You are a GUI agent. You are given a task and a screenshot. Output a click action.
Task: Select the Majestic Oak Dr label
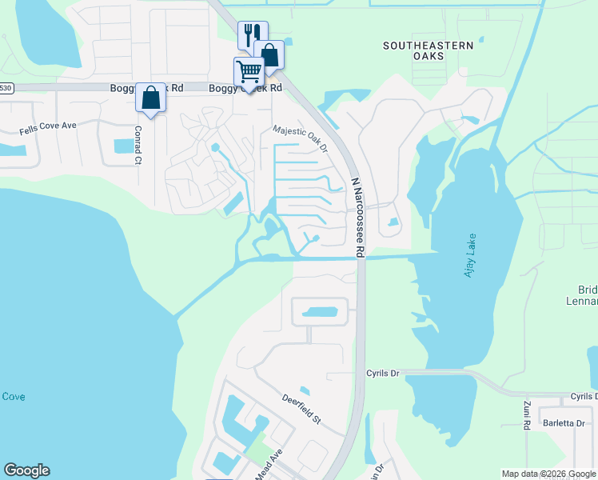click(301, 138)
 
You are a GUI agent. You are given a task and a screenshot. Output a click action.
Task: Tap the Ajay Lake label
click(470, 259)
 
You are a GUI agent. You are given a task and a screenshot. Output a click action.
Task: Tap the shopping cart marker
click(249, 72)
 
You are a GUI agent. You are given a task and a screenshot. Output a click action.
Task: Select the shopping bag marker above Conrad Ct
click(150, 98)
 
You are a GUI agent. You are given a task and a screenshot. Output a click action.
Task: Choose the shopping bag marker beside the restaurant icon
click(269, 55)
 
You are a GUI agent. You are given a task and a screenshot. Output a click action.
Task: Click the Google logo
click(26, 470)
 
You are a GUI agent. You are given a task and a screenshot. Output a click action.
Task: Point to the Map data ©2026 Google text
click(548, 474)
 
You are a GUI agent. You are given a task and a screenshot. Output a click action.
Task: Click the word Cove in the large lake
click(14, 397)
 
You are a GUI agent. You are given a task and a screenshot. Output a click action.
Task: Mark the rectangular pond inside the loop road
click(320, 311)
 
